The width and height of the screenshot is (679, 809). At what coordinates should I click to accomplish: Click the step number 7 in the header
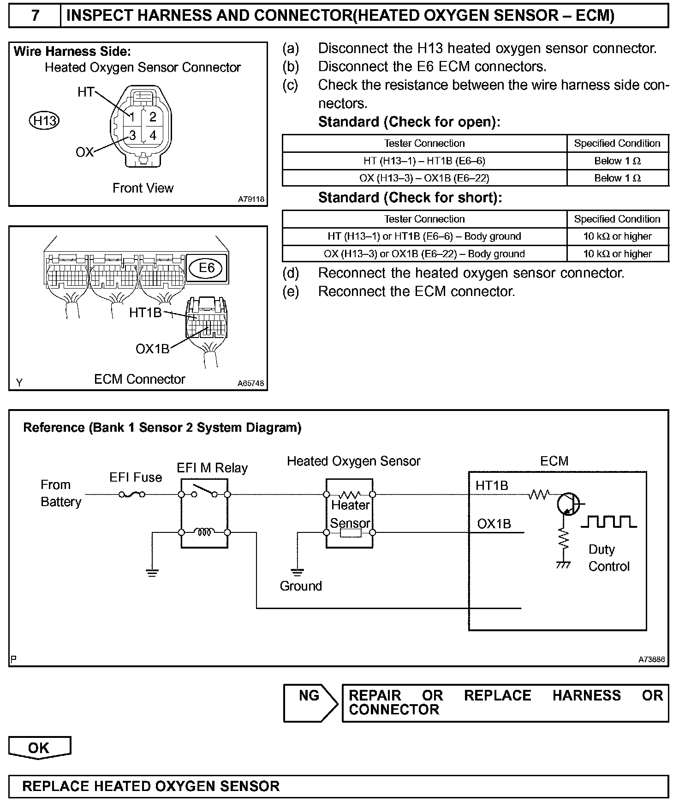click(x=35, y=16)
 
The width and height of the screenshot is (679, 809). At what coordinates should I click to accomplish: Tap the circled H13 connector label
click(x=44, y=121)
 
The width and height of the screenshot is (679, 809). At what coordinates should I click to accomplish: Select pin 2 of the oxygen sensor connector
click(x=153, y=116)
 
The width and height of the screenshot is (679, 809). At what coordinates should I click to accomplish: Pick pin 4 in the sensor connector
click(x=153, y=135)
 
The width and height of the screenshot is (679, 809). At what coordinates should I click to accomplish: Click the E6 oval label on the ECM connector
click(x=207, y=268)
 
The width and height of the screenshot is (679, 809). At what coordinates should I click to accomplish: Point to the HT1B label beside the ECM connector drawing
click(x=145, y=313)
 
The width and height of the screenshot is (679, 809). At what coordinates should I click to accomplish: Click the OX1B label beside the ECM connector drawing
click(x=152, y=349)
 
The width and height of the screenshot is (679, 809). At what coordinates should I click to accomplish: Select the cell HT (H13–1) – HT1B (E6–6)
click(x=424, y=161)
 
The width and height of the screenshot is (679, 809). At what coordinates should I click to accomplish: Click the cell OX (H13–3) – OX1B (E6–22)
click(x=424, y=178)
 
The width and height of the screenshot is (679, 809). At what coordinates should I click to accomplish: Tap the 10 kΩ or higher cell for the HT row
click(x=617, y=236)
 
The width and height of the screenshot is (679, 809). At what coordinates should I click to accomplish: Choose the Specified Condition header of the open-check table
click(x=617, y=143)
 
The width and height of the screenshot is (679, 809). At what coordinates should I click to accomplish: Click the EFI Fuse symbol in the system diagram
click(x=132, y=495)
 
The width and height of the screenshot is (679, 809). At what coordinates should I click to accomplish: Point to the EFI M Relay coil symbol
click(x=204, y=532)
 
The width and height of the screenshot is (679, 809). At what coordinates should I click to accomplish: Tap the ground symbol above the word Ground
click(x=298, y=572)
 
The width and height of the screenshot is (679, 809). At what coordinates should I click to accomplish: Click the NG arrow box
click(x=310, y=703)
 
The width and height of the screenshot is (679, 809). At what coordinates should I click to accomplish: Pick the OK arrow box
click(x=39, y=748)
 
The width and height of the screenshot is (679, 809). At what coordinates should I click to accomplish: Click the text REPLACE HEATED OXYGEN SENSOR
click(x=151, y=786)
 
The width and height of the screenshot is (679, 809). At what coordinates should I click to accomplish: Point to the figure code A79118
click(x=251, y=199)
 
